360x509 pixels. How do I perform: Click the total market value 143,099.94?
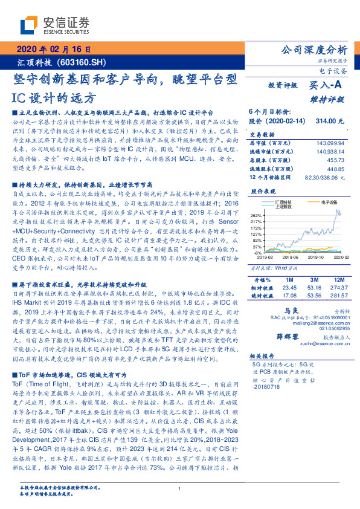[329, 141]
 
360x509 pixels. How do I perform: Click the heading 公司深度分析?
[315, 50]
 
